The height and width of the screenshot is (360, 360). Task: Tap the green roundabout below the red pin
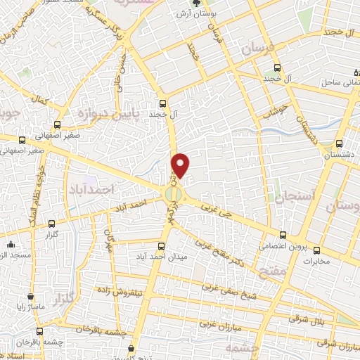[x=173, y=192]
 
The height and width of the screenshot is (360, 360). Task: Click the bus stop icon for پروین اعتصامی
[x=283, y=235]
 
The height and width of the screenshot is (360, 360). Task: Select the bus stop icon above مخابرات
[x=316, y=250]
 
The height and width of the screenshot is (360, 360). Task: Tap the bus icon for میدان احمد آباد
[x=162, y=246]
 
